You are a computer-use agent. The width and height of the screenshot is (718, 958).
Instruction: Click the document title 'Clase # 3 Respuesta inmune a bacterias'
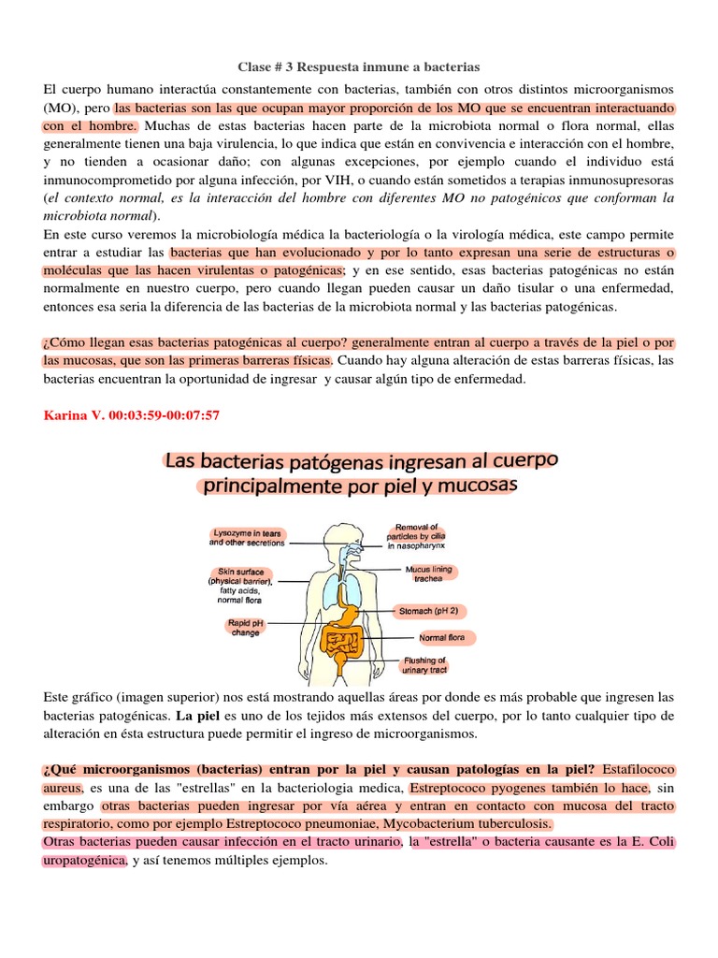[x=359, y=67]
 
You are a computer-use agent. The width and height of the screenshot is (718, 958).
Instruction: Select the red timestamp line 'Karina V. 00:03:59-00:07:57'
[x=132, y=414]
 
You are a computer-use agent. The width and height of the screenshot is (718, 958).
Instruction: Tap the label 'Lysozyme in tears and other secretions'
[x=247, y=536]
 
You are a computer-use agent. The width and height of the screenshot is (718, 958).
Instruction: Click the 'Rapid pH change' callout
[x=245, y=627]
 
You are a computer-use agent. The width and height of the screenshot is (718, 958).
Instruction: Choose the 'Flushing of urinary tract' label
[x=425, y=665]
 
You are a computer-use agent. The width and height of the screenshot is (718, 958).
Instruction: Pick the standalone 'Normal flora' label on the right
[x=446, y=638]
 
